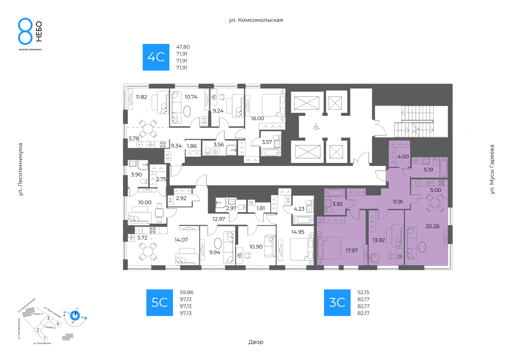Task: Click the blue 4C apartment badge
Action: pyautogui.click(x=156, y=57)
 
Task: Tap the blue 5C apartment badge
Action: pyautogui.click(x=159, y=303)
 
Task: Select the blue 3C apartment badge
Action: pyautogui.click(x=337, y=303)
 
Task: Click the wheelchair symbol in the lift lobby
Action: pyautogui.click(x=317, y=127)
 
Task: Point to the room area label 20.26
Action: pyautogui.click(x=433, y=226)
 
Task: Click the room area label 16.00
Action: pyautogui.click(x=257, y=118)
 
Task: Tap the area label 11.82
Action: pyautogui.click(x=141, y=97)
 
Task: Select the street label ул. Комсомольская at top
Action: pyautogui.click(x=256, y=20)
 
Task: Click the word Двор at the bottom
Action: pyautogui.click(x=256, y=342)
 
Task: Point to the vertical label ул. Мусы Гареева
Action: pyautogui.click(x=492, y=169)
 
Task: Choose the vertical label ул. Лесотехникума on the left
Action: pyautogui.click(x=21, y=170)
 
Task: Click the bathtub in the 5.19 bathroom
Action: pyautogui.click(x=444, y=167)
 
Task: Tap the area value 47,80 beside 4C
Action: pyautogui.click(x=183, y=47)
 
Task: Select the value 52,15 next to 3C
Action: pyautogui.click(x=363, y=292)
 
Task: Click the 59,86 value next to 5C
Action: pyautogui.click(x=186, y=292)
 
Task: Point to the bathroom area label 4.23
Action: pyautogui.click(x=299, y=209)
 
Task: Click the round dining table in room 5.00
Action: pyautogui.click(x=435, y=203)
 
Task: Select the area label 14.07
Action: pyautogui.click(x=181, y=240)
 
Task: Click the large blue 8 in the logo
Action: pyautogui.click(x=25, y=31)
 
